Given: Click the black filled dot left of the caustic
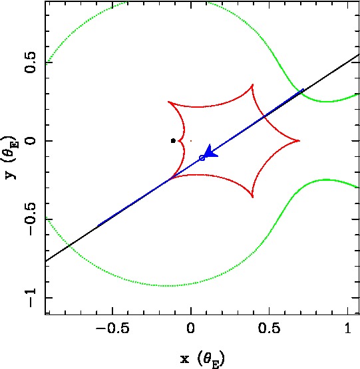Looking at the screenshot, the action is [173, 141].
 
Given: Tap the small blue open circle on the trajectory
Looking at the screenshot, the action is [202, 158].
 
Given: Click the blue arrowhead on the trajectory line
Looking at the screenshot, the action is [210, 152].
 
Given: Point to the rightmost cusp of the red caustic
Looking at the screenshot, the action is [299, 141].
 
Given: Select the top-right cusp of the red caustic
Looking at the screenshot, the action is [253, 84].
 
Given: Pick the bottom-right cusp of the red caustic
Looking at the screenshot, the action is [253, 197].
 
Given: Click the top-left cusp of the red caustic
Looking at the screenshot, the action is [168, 102].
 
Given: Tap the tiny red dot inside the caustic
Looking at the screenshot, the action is [191, 141].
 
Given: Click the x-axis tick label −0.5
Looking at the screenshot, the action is [112, 328].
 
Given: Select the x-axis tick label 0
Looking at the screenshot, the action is [190, 328].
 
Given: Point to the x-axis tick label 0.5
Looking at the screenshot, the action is [270, 328].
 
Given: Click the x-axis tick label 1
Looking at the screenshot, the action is [348, 328].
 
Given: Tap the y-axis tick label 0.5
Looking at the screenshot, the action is [30, 62].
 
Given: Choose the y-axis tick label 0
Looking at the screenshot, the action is [30, 141].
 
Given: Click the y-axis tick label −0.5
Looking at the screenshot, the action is [30, 219].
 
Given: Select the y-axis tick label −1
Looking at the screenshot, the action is [30, 298].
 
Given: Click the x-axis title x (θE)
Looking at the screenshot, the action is [202, 359].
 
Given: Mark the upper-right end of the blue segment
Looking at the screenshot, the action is [303, 89].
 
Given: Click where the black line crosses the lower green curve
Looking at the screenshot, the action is [69, 246].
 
